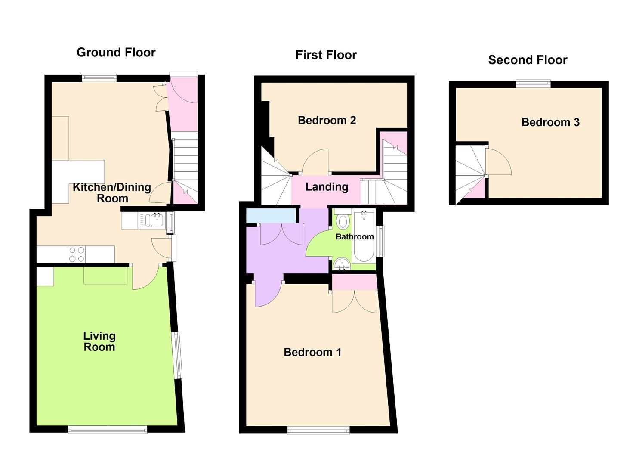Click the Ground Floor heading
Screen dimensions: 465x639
pyautogui.click(x=116, y=53)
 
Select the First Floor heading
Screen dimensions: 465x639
pyautogui.click(x=326, y=55)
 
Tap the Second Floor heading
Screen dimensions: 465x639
pyautogui.click(x=528, y=60)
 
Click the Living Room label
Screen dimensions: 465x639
pyautogui.click(x=99, y=341)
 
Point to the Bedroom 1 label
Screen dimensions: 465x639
pyautogui.click(x=312, y=352)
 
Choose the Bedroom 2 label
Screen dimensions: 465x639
pyautogui.click(x=327, y=120)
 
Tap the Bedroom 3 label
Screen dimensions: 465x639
pyautogui.click(x=550, y=122)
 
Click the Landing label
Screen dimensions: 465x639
pyautogui.click(x=327, y=187)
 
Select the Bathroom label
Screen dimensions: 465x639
pyautogui.click(x=355, y=237)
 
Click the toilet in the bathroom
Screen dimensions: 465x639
pyautogui.click(x=343, y=221)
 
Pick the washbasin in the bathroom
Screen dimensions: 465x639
pyautogui.click(x=342, y=263)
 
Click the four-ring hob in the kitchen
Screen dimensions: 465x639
pyautogui.click(x=77, y=254)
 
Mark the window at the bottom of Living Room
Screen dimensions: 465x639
pyautogui.click(x=108, y=429)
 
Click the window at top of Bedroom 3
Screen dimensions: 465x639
pyautogui.click(x=534, y=84)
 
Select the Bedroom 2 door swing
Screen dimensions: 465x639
pyautogui.click(x=315, y=161)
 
